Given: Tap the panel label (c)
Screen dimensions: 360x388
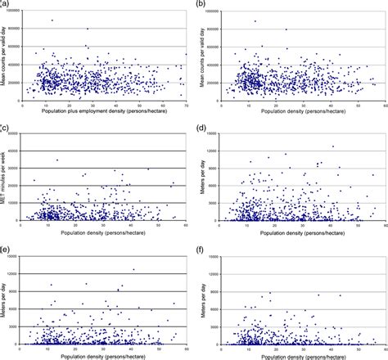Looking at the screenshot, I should tap(5, 127).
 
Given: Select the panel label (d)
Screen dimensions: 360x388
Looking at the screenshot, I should tap(202, 127).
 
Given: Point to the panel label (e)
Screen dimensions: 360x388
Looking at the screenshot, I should tap(5, 245).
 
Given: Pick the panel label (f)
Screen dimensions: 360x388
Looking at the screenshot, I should tap(202, 245).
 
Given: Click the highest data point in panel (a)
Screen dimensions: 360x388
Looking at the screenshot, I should tap(52, 20).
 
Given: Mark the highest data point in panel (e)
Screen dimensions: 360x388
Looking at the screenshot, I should tap(133, 270).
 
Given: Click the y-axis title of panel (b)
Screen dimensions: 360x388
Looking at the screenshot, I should tap(204, 56).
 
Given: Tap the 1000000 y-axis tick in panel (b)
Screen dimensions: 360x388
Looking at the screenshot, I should tap(216, 11).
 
